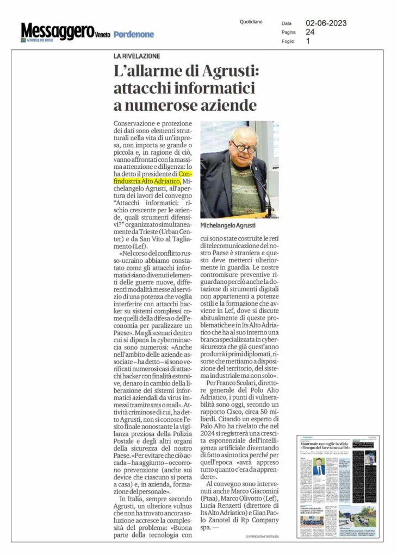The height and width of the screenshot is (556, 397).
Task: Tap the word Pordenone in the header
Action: [134, 35]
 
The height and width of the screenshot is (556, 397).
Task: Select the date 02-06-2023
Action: [326, 23]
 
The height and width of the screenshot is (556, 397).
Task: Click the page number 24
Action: [310, 32]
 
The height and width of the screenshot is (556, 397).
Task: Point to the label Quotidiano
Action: [251, 22]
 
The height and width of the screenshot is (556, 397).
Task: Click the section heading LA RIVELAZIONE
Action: [137, 56]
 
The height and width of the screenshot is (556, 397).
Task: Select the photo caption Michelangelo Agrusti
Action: [228, 225]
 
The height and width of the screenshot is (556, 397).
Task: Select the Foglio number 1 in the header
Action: [308, 41]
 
